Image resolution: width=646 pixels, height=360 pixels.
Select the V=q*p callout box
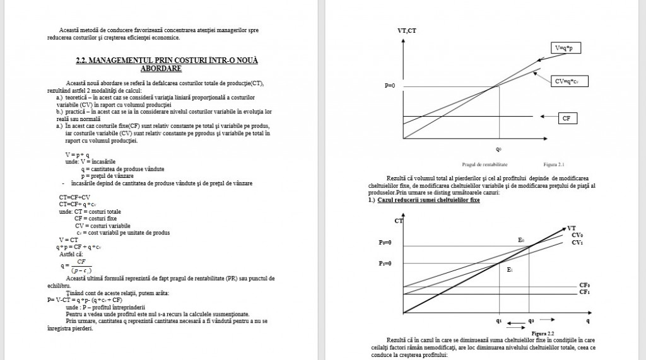click(568, 48)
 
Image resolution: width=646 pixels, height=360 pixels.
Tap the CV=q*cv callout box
click(568, 81)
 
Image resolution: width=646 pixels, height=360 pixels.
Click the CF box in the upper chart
click(566, 117)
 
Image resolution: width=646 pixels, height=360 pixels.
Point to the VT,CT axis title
click(406, 30)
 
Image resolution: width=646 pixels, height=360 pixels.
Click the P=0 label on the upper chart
click(389, 85)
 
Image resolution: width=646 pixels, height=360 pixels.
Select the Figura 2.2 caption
click(543, 333)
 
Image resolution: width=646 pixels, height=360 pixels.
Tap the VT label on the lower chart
click(572, 228)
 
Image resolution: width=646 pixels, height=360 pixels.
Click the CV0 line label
click(577, 235)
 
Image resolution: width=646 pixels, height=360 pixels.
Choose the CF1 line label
click(585, 293)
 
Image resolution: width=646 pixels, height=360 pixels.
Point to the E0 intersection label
click(521, 240)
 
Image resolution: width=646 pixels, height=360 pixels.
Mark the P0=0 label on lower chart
click(385, 242)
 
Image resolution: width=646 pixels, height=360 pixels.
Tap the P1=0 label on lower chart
click(385, 263)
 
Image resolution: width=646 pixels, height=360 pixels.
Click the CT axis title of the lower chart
click(398, 221)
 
